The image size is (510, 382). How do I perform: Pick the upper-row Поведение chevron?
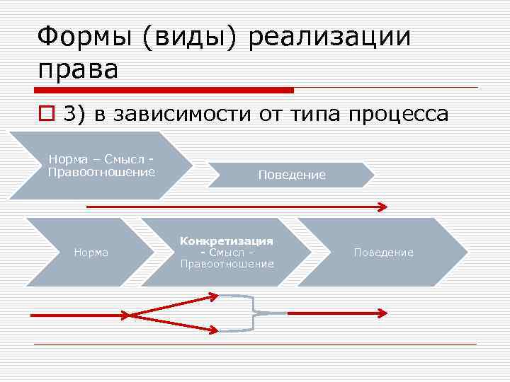click(x=292, y=175)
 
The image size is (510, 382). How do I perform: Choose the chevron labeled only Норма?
click(x=91, y=252)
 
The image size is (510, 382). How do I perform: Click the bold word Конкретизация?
click(x=227, y=241)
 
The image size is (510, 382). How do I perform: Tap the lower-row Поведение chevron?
click(x=383, y=252)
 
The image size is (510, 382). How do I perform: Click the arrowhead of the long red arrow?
click(x=382, y=207)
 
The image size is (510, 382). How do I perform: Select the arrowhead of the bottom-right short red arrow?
click(x=382, y=312)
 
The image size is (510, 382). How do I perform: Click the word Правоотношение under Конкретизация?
click(x=227, y=264)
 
